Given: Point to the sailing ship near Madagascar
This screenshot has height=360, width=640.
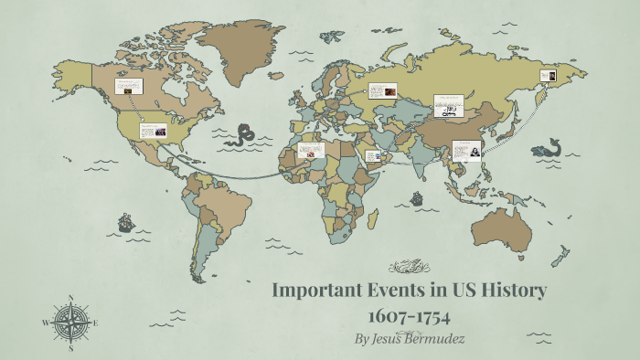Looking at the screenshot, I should coord(417,197).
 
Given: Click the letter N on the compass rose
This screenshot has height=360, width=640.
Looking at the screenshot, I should coord(71,298).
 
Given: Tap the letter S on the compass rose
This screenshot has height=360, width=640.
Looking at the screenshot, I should coord(71,347).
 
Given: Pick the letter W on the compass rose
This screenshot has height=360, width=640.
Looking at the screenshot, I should coord(46,323).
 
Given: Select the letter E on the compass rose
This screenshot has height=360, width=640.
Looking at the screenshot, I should coord(95,323).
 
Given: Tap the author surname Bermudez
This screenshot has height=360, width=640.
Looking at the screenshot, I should coord(435,339).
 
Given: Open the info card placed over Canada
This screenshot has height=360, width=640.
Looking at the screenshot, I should coord(128,86).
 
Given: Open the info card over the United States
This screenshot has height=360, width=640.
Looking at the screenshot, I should coord(153,131).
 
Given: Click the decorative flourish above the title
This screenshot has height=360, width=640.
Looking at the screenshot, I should coord(409,267).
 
